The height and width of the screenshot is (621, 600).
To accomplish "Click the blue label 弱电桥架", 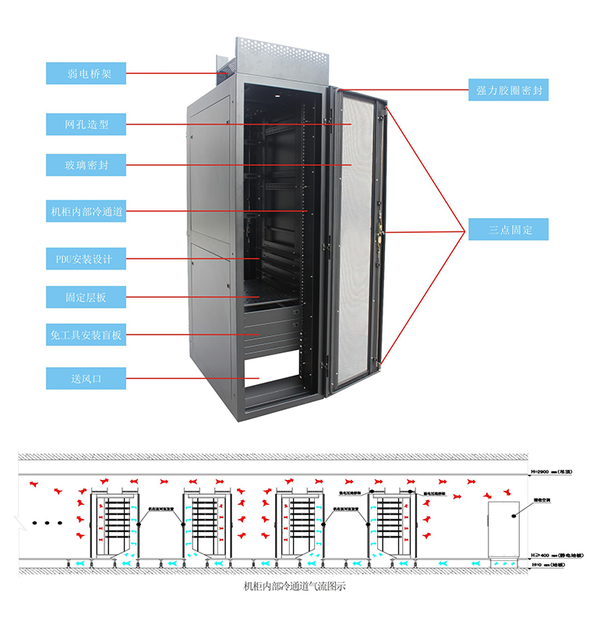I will click(x=85, y=74).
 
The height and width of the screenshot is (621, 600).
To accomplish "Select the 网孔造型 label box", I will click(x=85, y=124).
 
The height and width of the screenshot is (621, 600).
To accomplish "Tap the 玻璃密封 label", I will click(x=85, y=165).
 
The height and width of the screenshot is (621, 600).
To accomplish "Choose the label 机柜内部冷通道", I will click(x=85, y=210).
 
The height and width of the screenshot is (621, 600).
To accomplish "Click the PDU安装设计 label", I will click(x=85, y=258).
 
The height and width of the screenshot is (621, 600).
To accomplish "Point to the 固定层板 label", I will click(x=85, y=297).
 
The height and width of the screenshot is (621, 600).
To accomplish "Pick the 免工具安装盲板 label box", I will click(x=85, y=336).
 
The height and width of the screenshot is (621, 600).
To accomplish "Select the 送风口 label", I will click(x=85, y=379).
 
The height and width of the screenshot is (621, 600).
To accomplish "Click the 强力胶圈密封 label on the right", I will click(x=508, y=90).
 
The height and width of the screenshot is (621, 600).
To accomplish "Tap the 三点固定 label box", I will click(x=508, y=230).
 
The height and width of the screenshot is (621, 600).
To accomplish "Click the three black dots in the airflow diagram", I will click(x=48, y=523).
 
